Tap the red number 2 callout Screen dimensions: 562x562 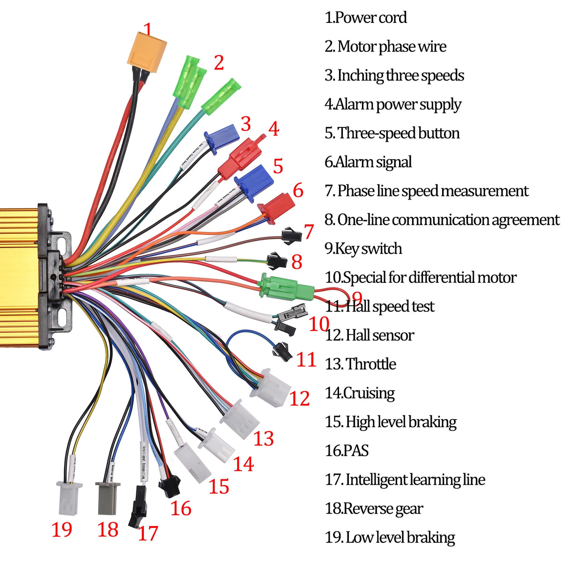(x=219, y=63)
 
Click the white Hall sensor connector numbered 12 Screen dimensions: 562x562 (x=270, y=387)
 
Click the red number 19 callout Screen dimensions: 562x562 (x=62, y=530)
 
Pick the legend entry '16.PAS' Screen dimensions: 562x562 (x=347, y=451)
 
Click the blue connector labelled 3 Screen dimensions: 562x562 (x=222, y=138)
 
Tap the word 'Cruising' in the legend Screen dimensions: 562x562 (x=369, y=393)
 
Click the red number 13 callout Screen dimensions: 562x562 (x=264, y=439)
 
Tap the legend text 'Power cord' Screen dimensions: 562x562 (x=371, y=18)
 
